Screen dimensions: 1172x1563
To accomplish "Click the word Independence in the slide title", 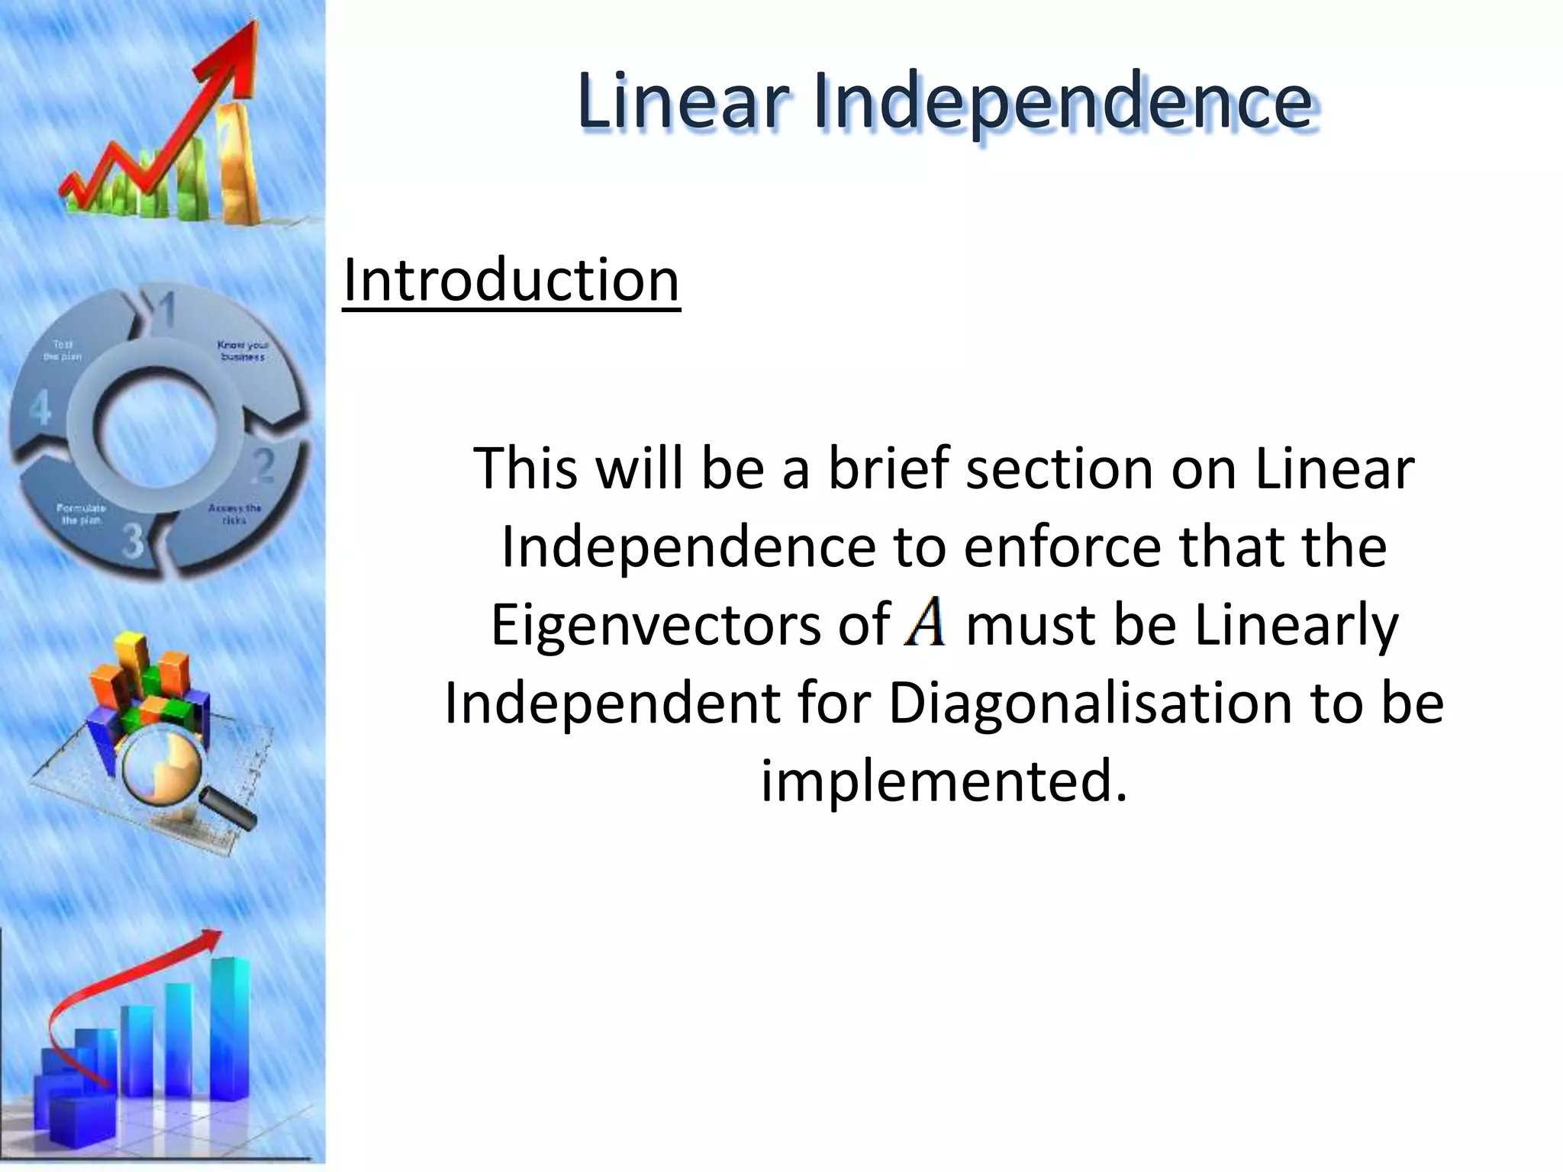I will tap(1062, 103).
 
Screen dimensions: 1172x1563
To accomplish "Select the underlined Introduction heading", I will tap(511, 280).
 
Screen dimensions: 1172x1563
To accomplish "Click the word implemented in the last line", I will tap(943, 781).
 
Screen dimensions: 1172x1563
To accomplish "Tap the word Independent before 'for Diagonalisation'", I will tap(612, 703).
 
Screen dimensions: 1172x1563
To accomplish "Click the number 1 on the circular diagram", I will tap(166, 309).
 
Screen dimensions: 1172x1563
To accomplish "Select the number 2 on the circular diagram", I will tap(263, 465).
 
